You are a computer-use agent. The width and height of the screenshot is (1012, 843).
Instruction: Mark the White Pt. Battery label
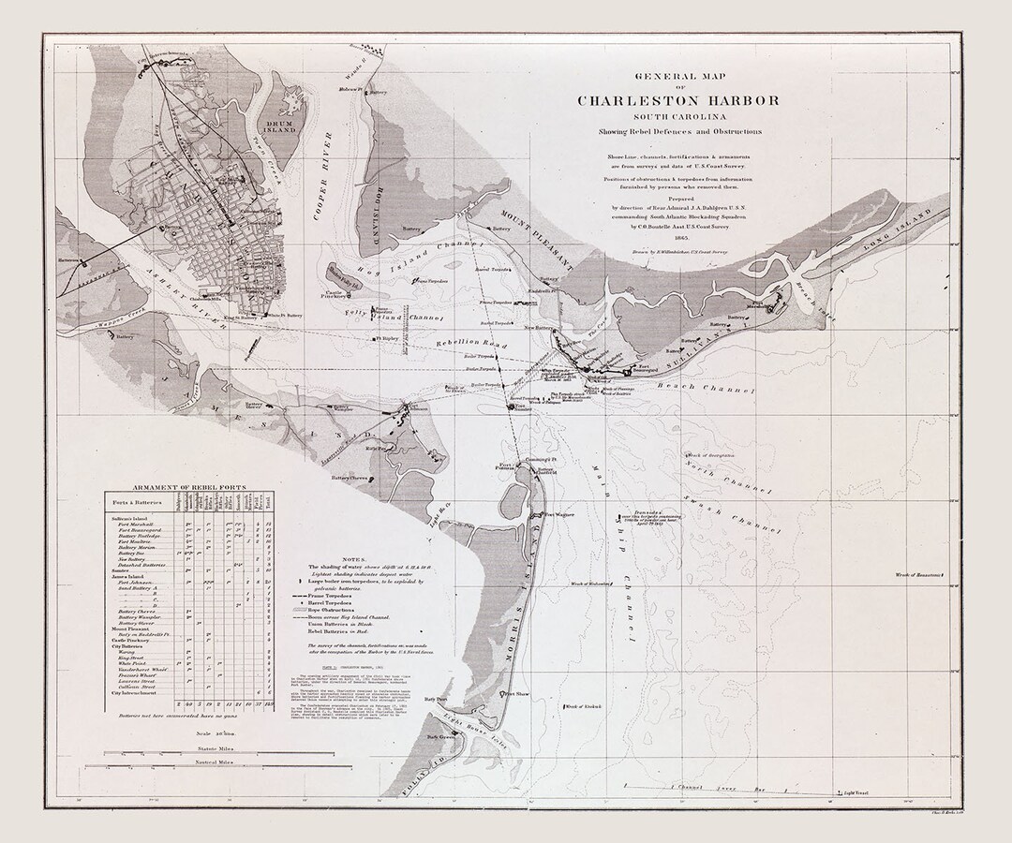tap(288, 317)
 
